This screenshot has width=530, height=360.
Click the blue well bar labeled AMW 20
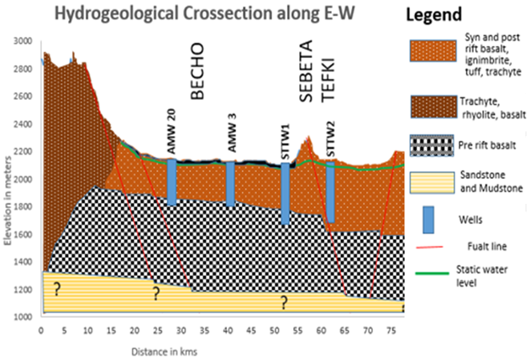point(171,182)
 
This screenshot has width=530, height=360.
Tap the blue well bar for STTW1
point(286,194)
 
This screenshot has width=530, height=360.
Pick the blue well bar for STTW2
point(330,192)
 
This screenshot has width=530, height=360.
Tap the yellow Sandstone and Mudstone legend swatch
point(431,184)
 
